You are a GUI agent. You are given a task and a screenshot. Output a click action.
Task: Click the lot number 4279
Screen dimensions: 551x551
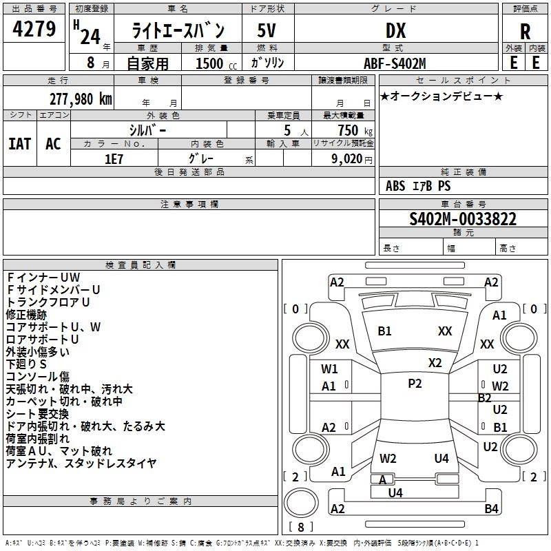[x=34, y=30]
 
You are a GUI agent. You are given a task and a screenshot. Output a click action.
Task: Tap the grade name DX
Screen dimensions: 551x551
[x=395, y=30]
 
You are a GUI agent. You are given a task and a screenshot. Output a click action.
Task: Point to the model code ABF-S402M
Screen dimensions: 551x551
[x=395, y=63]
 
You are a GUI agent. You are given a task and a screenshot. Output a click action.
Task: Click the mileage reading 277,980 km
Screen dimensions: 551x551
[x=80, y=98]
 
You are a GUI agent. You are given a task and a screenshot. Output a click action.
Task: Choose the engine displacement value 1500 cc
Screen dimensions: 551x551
[x=208, y=63]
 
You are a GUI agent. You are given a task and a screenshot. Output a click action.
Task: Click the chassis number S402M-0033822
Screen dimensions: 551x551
[x=463, y=219]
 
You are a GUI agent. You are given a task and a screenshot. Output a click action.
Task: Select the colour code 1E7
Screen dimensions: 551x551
[x=114, y=158]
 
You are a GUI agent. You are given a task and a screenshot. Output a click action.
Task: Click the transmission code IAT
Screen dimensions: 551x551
[x=19, y=143]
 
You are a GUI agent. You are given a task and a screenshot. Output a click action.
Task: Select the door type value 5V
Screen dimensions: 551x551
[x=267, y=30]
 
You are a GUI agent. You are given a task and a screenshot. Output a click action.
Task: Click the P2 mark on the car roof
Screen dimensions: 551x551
[x=415, y=384]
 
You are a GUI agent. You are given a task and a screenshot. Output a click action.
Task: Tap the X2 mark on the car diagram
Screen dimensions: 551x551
[x=435, y=363]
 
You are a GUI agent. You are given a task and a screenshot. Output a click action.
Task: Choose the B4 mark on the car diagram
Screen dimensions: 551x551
[x=491, y=509]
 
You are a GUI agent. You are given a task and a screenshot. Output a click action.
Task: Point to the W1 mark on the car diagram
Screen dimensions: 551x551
[x=329, y=368]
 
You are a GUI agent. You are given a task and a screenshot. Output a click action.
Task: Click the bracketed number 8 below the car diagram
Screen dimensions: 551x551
[x=300, y=528]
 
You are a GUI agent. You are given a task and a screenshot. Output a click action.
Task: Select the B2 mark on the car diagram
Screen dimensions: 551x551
[x=485, y=397]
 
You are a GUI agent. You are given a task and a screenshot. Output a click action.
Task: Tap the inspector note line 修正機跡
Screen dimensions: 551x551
[x=26, y=314]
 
